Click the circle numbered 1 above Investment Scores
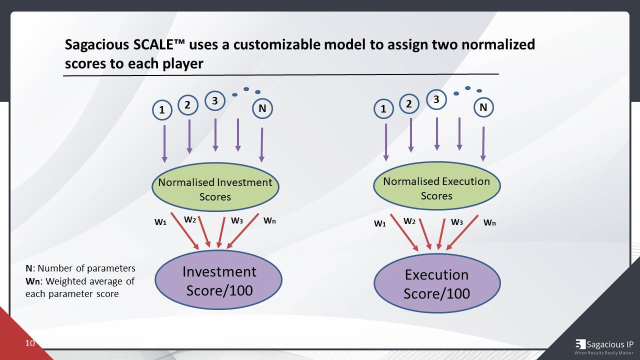pos(162,110)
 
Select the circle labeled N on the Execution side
pos(483,107)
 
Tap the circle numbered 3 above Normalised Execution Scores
pos(436,99)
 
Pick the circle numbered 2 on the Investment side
pos(187,105)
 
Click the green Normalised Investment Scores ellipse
pos(215,187)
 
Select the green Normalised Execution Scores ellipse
pos(436,186)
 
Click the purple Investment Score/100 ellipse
pos(218,280)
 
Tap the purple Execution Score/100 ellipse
pos(436,283)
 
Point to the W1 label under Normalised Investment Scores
pos(160,222)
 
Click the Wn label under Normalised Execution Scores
pos(489,222)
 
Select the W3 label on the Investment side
pos(237,220)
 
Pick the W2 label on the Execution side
pos(409,221)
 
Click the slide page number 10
pos(30,343)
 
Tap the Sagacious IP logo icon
pos(580,344)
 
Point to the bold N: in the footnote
pos(30,268)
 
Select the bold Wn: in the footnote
pos(32,281)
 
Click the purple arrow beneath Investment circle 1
pos(164,143)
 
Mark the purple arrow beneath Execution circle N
pos(483,143)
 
